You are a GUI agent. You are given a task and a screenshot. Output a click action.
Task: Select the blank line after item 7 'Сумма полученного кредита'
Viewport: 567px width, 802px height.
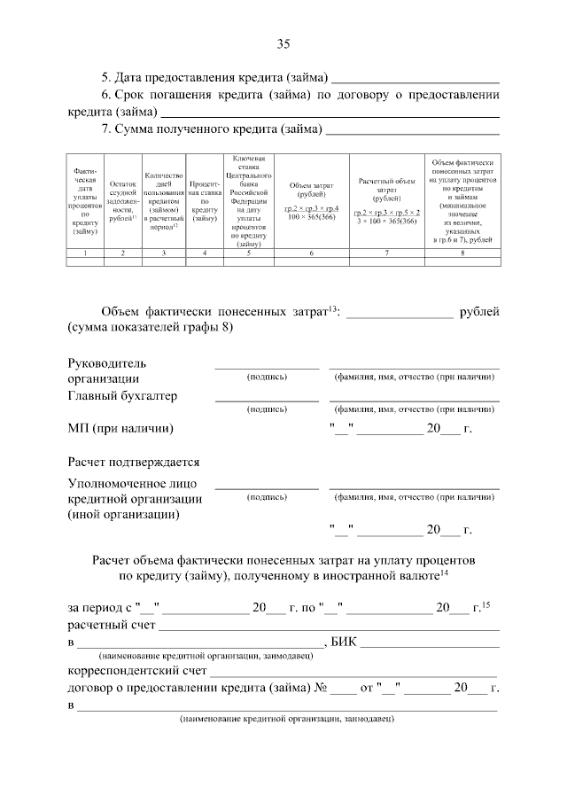pos(412,133)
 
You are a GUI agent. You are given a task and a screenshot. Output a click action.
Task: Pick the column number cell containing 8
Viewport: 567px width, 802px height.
pos(462,253)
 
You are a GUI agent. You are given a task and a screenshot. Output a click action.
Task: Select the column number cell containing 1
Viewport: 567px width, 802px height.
pos(85,253)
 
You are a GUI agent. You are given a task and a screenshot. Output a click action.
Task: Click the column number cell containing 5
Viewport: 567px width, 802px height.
pos(248,253)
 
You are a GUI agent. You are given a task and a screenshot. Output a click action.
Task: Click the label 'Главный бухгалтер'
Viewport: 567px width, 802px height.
pos(122,395)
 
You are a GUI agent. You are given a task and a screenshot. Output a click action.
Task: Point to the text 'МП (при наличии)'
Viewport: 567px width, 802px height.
pos(120,428)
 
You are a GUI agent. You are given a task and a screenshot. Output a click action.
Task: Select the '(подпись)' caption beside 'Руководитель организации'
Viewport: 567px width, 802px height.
pos(267,377)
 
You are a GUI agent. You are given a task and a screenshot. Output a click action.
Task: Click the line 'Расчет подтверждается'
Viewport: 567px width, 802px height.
pos(134,462)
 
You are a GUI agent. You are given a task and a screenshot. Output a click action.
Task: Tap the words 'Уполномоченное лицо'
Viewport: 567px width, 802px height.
pos(132,483)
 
